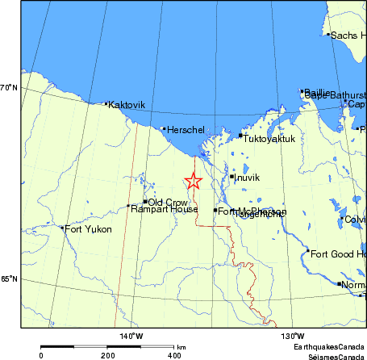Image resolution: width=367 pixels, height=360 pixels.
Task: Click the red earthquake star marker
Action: [193, 182]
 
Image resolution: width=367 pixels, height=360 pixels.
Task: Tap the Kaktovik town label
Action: [127, 104]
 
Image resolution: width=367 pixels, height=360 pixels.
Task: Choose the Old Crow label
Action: [168, 202]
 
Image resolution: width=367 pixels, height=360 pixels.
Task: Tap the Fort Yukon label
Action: [88, 229]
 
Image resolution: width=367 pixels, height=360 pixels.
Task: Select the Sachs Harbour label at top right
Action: [348, 36]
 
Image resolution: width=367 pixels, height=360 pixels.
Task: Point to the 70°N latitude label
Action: [9, 87]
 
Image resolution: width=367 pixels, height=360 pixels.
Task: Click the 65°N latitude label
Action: [9, 279]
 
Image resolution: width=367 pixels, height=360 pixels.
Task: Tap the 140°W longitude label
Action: [131, 336]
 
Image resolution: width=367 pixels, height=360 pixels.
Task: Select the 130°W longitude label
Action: [292, 336]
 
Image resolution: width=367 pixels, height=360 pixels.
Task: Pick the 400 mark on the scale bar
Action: [174, 355]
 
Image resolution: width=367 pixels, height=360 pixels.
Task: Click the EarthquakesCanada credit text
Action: [328, 346]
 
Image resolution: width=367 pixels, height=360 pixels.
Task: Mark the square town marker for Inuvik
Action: [231, 177]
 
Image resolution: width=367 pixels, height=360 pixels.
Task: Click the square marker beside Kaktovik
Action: [106, 104]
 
